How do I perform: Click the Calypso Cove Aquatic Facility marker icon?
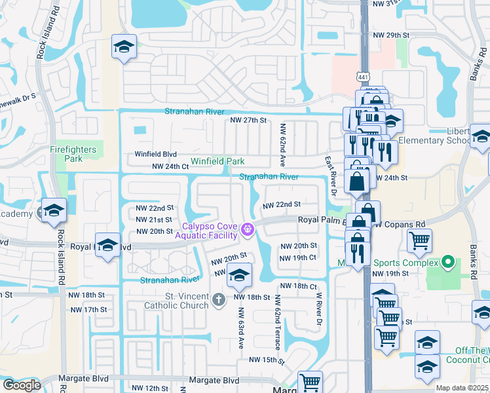(247, 229)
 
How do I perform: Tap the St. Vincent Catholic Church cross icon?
(219, 300)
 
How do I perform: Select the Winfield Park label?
(217, 161)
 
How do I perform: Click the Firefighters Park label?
(73, 154)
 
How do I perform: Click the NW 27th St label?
(248, 121)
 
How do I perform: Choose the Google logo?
(22, 385)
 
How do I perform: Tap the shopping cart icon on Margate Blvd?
(310, 381)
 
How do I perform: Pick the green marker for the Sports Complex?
(447, 263)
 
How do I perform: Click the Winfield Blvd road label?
(156, 155)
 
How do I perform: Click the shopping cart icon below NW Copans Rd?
(419, 240)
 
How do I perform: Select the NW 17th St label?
(88, 309)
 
